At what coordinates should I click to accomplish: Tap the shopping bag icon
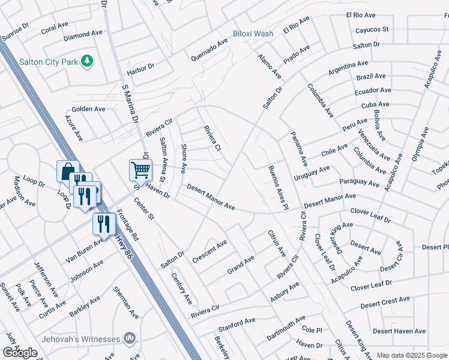[68, 171]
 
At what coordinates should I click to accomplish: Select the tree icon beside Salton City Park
[88, 61]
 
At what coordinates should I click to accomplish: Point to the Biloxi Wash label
[253, 34]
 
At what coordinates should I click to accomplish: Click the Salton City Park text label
[48, 61]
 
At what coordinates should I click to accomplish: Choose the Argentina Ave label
[348, 67]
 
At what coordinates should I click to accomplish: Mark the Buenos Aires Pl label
[275, 187]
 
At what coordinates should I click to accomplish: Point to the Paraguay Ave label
[360, 182]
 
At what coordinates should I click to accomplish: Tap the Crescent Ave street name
[209, 252]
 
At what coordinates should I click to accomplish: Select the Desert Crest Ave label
[385, 301]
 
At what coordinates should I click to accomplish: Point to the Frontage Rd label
[128, 224]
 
